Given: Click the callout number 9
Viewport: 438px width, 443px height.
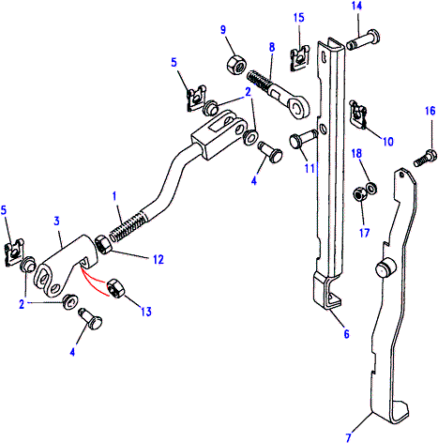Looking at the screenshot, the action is (223, 30).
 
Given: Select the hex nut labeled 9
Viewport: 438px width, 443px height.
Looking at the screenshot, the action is (235, 65).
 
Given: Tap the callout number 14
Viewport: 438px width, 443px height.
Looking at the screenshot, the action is (356, 6).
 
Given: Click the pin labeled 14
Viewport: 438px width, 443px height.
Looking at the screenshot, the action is (363, 39).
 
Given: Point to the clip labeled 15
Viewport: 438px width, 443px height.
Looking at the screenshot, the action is (300, 58).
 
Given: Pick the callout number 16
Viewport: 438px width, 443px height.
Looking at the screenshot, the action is (430, 111).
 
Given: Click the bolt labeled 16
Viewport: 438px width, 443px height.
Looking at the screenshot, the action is (425, 158).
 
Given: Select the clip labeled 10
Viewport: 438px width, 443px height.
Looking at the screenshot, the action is (358, 114).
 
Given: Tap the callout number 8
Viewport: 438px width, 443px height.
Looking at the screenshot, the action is (272, 48).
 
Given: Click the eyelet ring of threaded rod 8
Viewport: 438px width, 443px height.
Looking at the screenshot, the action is (298, 107).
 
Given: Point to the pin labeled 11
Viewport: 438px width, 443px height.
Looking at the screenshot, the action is (303, 139).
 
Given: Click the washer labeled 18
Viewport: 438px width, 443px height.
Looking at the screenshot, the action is (371, 188).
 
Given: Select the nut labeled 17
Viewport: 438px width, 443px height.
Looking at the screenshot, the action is (358, 194).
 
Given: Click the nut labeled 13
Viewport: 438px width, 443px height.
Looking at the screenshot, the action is (115, 289).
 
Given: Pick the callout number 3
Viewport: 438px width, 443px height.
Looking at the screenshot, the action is (56, 221).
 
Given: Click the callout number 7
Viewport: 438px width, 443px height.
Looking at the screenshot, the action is (349, 437).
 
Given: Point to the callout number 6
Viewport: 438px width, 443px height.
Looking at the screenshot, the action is (346, 334).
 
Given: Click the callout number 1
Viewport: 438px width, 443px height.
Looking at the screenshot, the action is (114, 196).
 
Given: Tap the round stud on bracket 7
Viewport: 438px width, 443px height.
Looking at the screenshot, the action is (385, 268).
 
